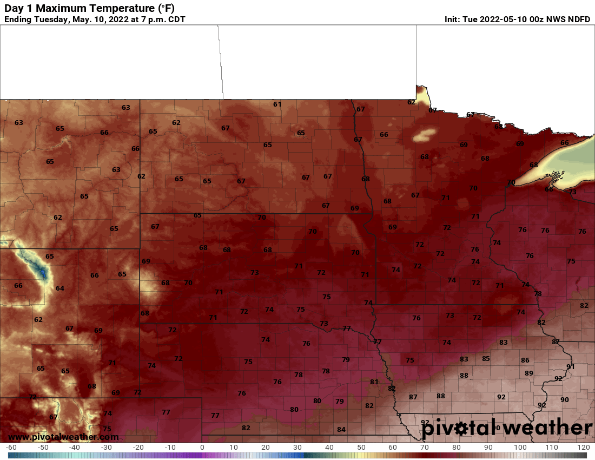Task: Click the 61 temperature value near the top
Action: (277, 104)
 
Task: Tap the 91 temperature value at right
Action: (570, 367)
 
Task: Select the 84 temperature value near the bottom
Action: (341, 430)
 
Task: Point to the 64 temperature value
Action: (60, 288)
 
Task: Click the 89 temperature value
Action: (529, 373)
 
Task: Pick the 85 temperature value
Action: (486, 358)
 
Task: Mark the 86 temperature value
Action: (525, 360)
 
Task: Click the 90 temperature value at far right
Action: (565, 400)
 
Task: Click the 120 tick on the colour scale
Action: (583, 448)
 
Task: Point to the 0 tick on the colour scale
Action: (202, 448)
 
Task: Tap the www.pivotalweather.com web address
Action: (63, 437)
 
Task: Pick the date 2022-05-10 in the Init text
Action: (506, 19)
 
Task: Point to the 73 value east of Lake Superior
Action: (572, 192)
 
